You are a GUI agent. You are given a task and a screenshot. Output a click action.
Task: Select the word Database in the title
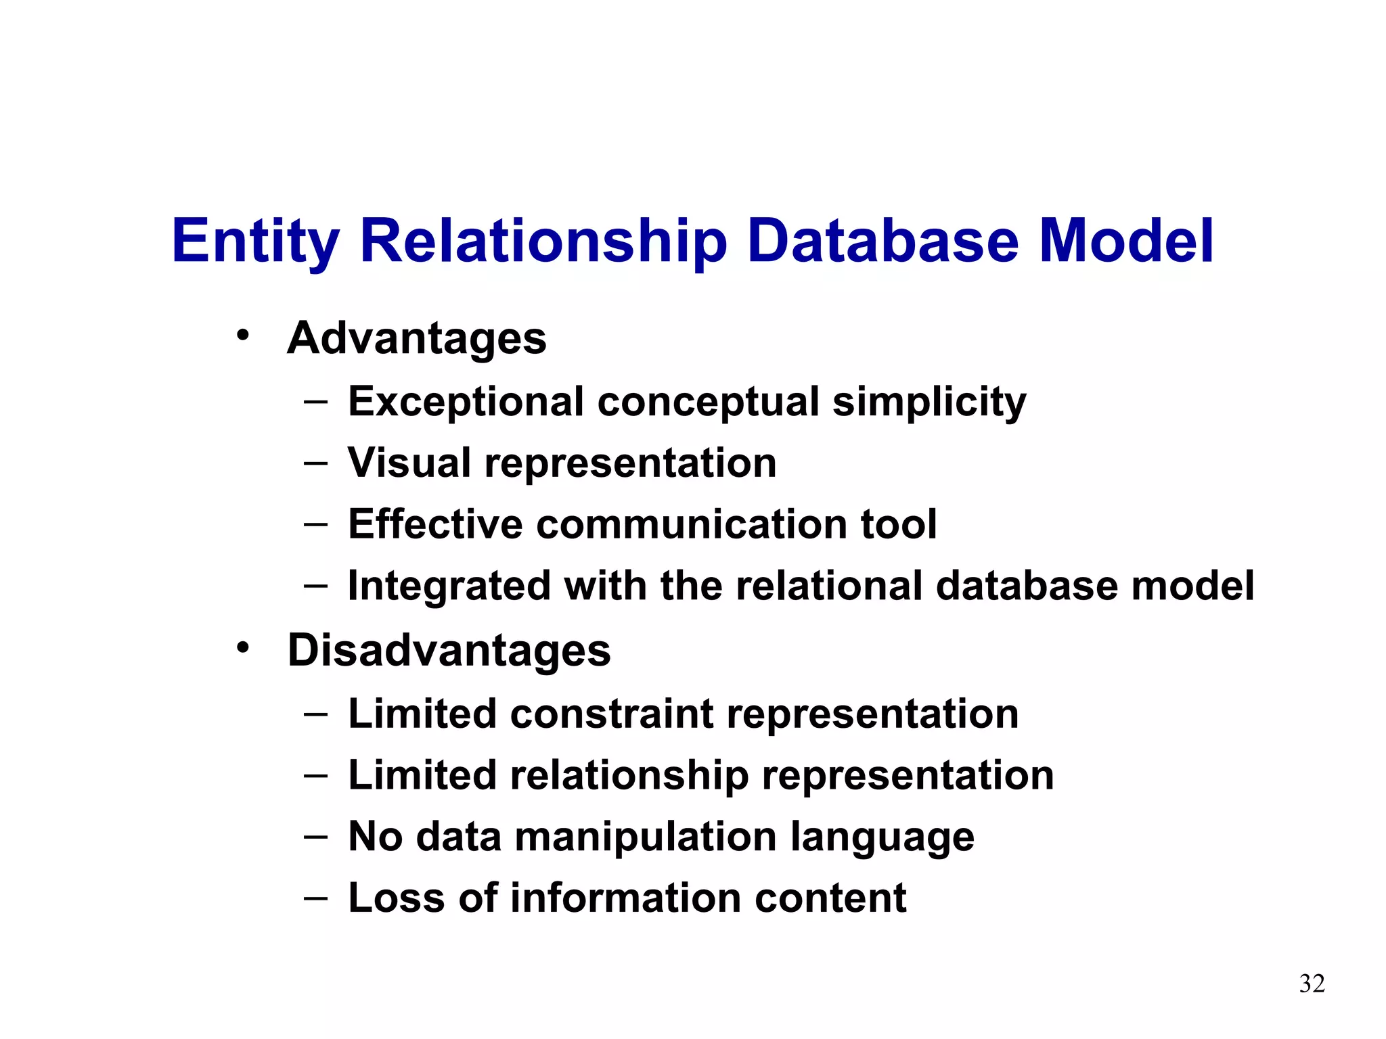(883, 241)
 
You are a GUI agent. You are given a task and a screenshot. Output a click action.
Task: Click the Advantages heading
(416, 338)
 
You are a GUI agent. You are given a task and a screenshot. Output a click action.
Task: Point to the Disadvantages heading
(449, 651)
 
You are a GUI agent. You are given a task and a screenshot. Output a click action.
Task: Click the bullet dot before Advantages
(243, 335)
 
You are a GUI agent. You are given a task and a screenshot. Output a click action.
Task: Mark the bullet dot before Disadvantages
(243, 647)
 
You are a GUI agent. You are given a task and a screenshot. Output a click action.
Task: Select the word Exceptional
(466, 402)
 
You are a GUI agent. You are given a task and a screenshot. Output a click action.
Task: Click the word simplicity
(929, 402)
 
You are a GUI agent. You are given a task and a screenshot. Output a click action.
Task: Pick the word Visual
(409, 463)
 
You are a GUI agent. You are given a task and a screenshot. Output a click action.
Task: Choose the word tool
(898, 524)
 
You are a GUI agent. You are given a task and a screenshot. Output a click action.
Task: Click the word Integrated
(449, 586)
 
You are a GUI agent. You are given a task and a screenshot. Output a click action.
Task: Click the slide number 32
(1312, 984)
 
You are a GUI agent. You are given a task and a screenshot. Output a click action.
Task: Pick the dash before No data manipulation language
(315, 837)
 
